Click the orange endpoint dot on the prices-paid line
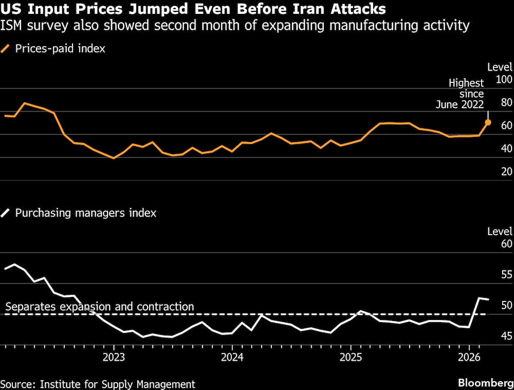[x=488, y=122]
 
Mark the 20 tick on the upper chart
[x=506, y=171]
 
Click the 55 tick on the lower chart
[x=506, y=274]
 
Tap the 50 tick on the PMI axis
[x=506, y=305]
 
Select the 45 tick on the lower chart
[x=506, y=336]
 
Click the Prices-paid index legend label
[x=61, y=49]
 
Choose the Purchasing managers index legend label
[x=86, y=212]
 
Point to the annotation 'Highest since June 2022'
[x=460, y=94]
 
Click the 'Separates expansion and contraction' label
[x=100, y=307]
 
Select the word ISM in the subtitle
[x=13, y=25]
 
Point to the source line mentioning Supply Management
[x=98, y=384]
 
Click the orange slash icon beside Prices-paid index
[x=6, y=49]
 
